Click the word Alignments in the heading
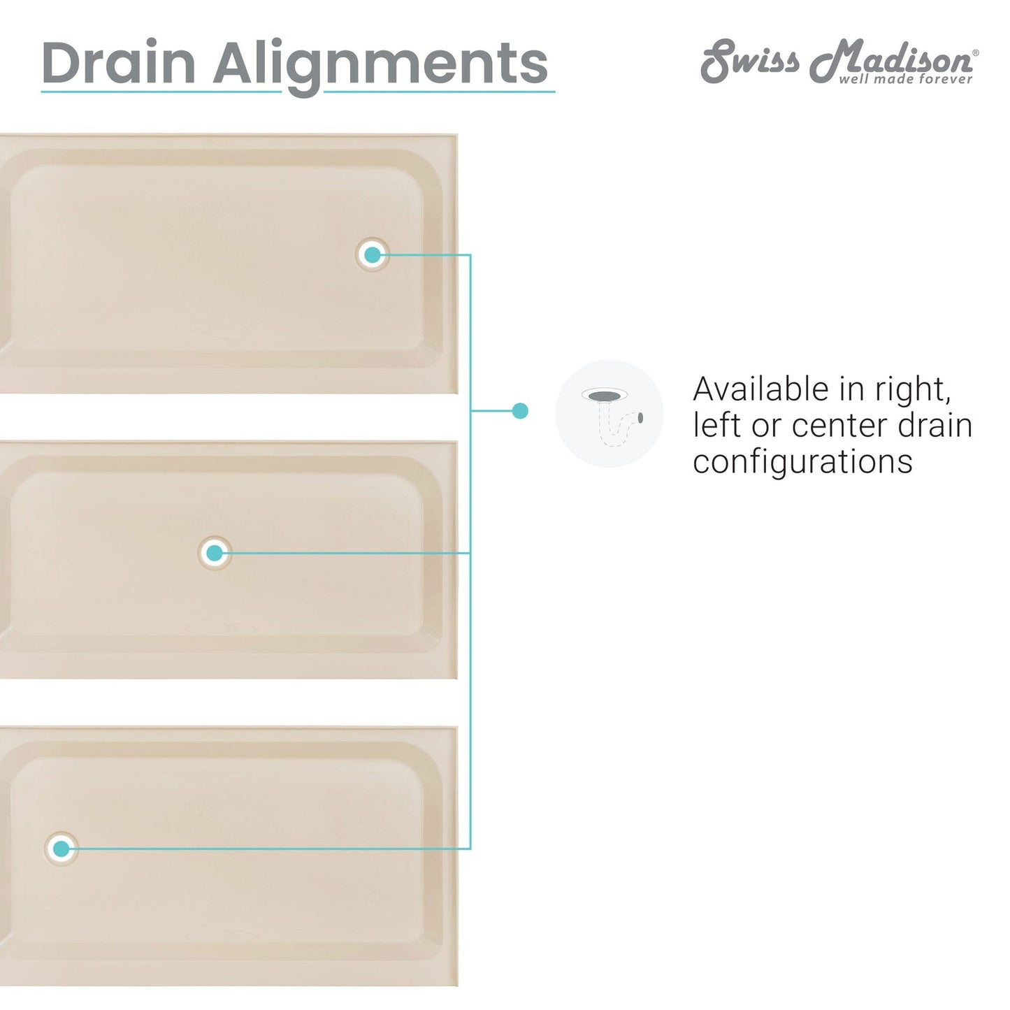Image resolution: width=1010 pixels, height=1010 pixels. point(381,67)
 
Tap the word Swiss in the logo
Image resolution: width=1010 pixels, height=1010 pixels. point(751,60)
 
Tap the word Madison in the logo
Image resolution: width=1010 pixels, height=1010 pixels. point(891,60)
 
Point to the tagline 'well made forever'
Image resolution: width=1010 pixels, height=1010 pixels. point(906,79)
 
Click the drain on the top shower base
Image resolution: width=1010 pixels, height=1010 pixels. point(372,255)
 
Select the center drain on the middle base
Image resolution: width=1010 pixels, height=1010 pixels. point(215,553)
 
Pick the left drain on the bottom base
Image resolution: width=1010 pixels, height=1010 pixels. point(62,849)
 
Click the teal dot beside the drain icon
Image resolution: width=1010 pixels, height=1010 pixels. point(519,410)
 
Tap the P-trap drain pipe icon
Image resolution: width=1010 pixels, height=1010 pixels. point(609,414)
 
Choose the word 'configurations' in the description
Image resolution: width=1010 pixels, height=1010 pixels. point(802,462)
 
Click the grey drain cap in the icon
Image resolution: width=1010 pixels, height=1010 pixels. point(605,395)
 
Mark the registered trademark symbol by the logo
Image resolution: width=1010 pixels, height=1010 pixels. point(976,52)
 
